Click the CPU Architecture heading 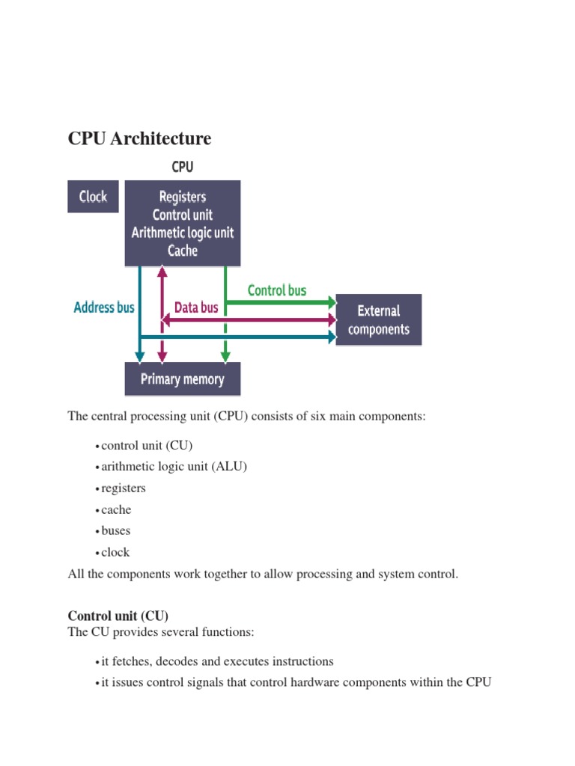tap(139, 138)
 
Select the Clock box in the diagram tap(94, 197)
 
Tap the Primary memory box tap(183, 379)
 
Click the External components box tap(379, 319)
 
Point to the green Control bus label tap(277, 289)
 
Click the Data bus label tap(196, 307)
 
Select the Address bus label tap(104, 307)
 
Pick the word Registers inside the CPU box tap(183, 197)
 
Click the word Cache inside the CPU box tap(183, 250)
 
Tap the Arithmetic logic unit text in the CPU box tap(183, 232)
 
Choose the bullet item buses tap(116, 530)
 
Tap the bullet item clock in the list tap(116, 552)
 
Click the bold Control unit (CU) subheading tap(118, 616)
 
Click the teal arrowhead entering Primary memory tap(139, 356)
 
